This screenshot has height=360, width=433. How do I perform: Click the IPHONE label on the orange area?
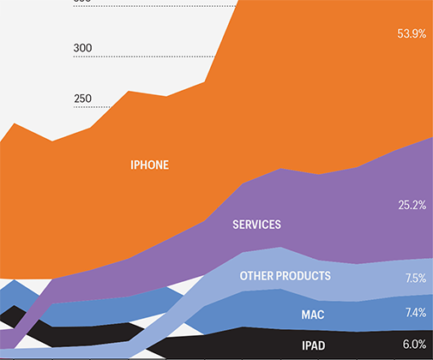(149, 165)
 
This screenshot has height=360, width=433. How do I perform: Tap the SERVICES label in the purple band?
(256, 225)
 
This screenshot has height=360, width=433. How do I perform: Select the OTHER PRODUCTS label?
(286, 276)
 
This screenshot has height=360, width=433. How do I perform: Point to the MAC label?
(313, 315)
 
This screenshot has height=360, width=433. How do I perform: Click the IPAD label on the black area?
(314, 345)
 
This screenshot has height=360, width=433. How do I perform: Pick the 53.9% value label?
(412, 33)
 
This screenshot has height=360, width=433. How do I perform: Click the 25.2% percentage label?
(412, 205)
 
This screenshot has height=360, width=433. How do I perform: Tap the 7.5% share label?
(416, 278)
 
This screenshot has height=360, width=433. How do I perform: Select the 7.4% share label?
(416, 313)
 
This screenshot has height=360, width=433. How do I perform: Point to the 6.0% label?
(414, 344)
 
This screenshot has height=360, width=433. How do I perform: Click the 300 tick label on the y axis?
(82, 48)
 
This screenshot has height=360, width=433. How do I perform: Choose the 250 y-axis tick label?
(83, 99)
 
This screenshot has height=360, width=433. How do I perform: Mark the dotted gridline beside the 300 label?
(144, 57)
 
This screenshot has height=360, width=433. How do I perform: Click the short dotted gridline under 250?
(92, 107)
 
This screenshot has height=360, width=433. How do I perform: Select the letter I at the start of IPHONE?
(132, 165)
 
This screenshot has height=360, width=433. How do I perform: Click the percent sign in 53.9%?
(422, 33)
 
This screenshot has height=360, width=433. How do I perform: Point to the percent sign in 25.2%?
(422, 205)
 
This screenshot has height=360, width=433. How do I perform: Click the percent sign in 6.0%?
(422, 344)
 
